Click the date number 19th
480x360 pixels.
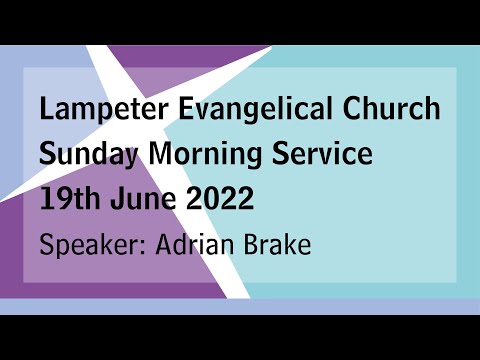coord(67,199)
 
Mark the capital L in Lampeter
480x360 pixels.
coord(46,110)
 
